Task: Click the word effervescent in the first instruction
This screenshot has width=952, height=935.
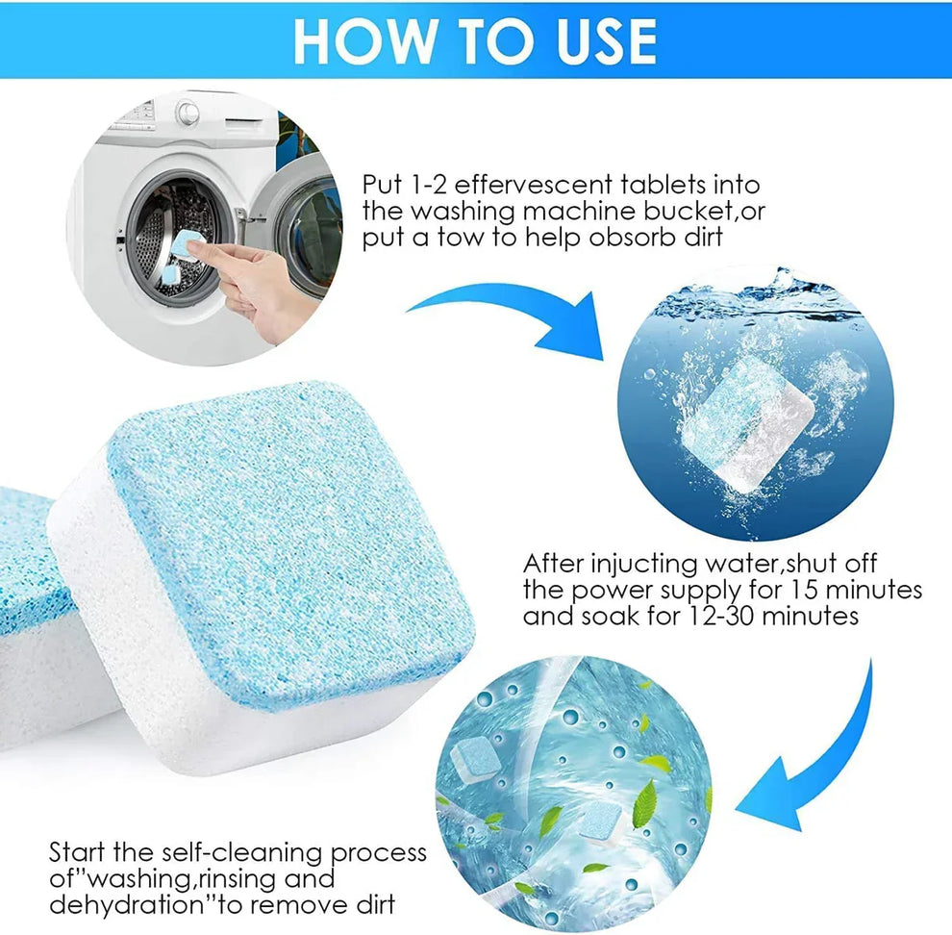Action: click(x=510, y=185)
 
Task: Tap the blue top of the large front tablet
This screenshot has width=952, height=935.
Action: click(x=288, y=539)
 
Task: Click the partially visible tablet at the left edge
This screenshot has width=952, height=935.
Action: click(x=29, y=616)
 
